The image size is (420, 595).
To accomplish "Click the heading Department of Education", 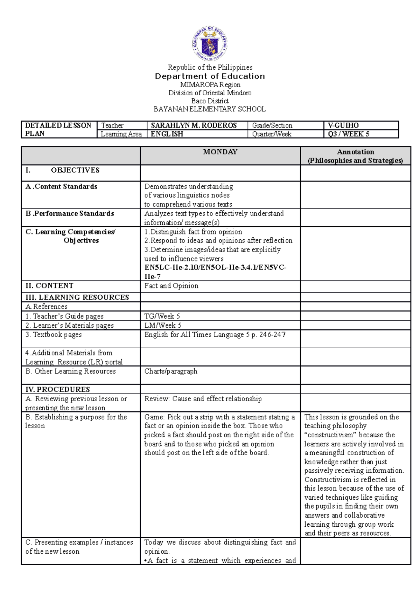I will click(x=210, y=76).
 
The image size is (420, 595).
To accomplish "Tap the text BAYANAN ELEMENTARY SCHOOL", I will click(x=210, y=109).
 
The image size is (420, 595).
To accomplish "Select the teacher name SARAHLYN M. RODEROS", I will click(x=194, y=125).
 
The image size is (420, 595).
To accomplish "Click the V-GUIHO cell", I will click(x=343, y=125).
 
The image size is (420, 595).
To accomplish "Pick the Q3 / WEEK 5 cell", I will click(x=349, y=134).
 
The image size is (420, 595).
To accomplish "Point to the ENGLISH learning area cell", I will click(x=167, y=134).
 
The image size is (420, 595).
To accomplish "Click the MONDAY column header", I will click(x=220, y=152).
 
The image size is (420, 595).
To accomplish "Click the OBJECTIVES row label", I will click(x=75, y=170).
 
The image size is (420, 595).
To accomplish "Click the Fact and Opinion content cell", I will click(x=171, y=286).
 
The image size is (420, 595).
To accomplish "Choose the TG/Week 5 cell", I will click(x=162, y=316).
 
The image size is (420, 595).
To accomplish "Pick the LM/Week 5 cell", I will click(x=163, y=325).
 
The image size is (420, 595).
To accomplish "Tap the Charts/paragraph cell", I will click(x=171, y=371).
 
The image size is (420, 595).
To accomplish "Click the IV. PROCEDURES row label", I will click(x=58, y=389).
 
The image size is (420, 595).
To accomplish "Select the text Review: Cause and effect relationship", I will click(x=203, y=399).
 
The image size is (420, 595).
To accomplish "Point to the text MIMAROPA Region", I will click(x=210, y=85).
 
